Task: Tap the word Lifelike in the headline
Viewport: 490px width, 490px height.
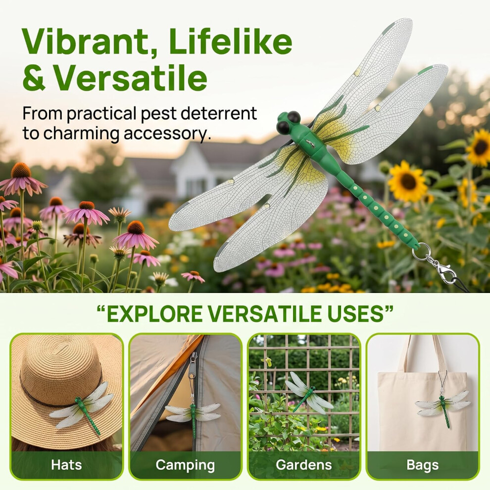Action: pos(231,41)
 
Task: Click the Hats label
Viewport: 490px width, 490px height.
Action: pos(66,464)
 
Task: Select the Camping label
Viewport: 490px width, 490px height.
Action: pos(185,465)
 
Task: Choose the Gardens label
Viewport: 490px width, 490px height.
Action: pos(304,465)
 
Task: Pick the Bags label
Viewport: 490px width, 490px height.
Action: pos(423,465)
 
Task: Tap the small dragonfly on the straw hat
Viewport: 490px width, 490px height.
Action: pos(82,406)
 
